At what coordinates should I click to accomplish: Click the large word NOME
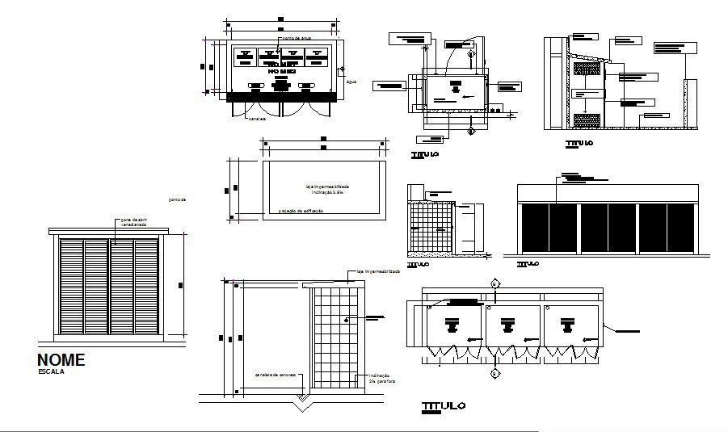point(61,360)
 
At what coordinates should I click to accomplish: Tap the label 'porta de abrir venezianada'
point(133,222)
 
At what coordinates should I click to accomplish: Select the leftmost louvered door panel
point(71,287)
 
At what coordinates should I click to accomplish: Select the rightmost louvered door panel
point(146,287)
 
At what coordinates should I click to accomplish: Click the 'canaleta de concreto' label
point(276,375)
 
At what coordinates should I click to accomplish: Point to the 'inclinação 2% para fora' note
point(379,379)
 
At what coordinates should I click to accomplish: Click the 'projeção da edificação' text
point(301,211)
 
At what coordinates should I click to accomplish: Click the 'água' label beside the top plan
point(351,82)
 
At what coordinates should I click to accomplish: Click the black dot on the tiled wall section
point(347,321)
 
